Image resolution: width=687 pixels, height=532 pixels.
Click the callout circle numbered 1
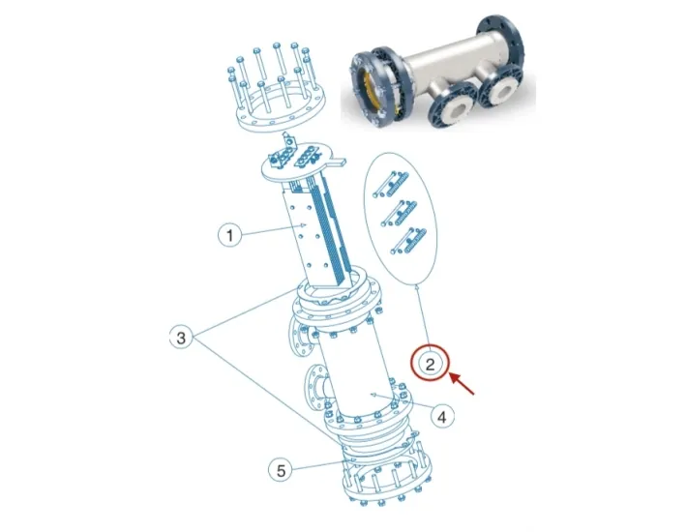[x=228, y=234]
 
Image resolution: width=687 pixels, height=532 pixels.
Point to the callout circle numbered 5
[x=280, y=470]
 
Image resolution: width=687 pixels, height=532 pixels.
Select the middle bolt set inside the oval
[x=401, y=210]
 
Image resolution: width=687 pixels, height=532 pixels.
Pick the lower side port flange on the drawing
[x=314, y=392]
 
